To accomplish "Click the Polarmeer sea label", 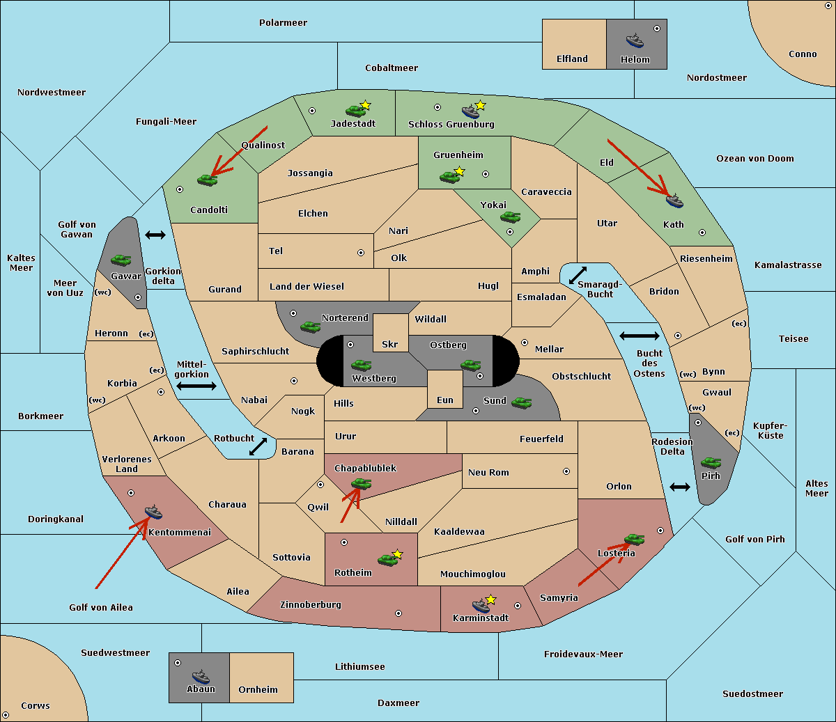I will [283, 23].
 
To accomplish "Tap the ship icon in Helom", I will [635, 40].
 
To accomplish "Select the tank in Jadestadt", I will [356, 110].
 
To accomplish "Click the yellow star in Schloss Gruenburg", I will [480, 105].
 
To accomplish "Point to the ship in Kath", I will [674, 201].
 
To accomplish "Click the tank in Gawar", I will [121, 260].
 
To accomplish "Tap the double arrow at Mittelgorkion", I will [196, 386].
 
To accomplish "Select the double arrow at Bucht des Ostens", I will [639, 336].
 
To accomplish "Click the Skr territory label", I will [390, 344].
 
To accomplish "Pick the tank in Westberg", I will [361, 365].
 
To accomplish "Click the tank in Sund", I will [521, 402].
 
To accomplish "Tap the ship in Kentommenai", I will [153, 512].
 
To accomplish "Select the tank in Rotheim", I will [387, 558].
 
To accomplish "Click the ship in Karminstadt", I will [481, 605].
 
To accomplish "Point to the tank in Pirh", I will [711, 462].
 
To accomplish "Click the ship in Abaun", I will [201, 676].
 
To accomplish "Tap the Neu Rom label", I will [488, 472].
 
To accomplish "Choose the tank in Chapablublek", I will [361, 483].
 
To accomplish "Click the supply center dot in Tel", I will [361, 253].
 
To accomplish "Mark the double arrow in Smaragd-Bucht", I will [578, 275].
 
